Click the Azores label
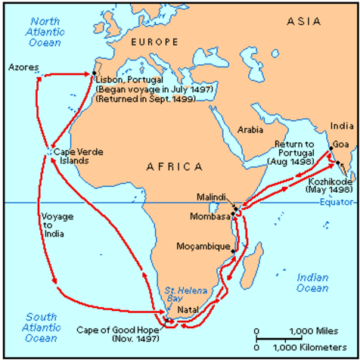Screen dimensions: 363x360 tap(23, 67)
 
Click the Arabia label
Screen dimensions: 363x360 tap(250, 129)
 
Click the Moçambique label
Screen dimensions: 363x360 tap(202, 247)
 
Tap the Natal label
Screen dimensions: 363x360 tap(190, 310)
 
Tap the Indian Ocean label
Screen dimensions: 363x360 tap(312, 283)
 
